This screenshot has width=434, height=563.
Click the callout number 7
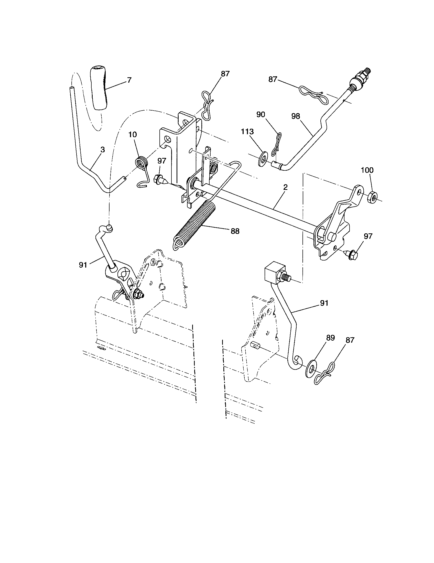pos(129,80)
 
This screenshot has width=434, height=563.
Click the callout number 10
pos(133,134)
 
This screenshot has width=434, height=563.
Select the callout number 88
pos(235,231)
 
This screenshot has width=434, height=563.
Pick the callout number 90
pos(261,115)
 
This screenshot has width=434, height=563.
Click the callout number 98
pos(296,116)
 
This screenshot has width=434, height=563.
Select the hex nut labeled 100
pos(371,197)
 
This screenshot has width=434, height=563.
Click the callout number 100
pos(367,170)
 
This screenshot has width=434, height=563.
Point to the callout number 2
pos(285,187)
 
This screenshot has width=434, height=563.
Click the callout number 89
pos(331,338)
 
